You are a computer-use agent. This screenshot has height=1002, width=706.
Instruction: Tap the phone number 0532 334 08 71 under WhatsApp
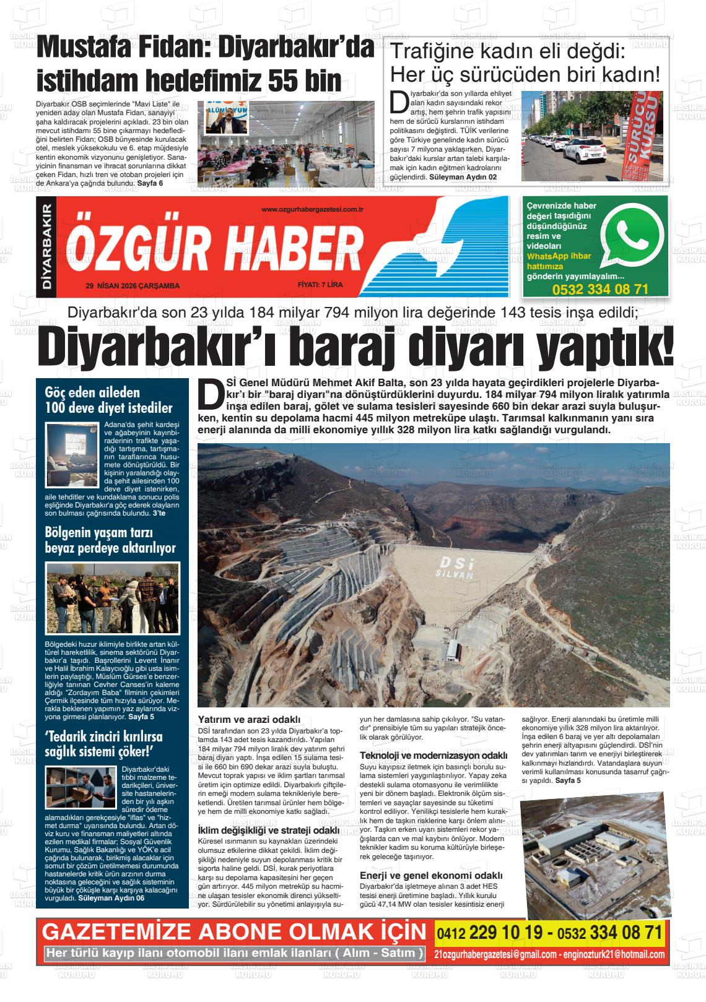point(599,290)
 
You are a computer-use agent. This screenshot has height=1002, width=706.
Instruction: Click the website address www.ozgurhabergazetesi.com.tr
point(312,210)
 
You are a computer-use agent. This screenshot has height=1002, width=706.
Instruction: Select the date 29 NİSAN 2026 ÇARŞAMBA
point(133,286)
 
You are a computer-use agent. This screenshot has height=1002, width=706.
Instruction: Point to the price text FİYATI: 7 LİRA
point(320,285)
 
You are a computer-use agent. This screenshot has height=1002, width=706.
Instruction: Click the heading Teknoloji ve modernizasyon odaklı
point(434,756)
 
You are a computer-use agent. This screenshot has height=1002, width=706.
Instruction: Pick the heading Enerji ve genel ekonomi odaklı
point(431,876)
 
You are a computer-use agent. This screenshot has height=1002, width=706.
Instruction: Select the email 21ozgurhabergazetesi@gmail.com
point(495,954)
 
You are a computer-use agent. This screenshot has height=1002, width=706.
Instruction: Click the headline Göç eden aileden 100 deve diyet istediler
point(109,400)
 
